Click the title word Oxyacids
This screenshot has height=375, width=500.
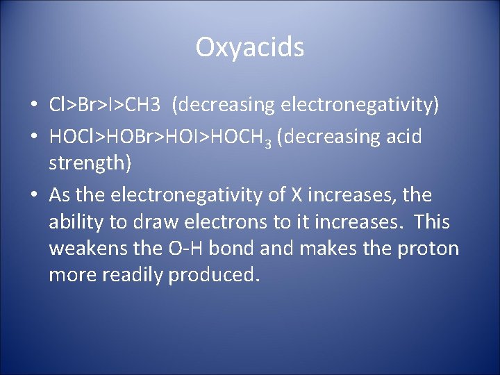pyautogui.click(x=249, y=47)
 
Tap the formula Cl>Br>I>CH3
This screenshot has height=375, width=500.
pyautogui.click(x=106, y=105)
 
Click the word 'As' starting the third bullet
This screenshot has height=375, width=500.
pyautogui.click(x=59, y=195)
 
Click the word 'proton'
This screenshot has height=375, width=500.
pyautogui.click(x=428, y=249)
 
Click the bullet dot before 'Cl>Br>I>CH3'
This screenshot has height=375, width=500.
pyautogui.click(x=33, y=106)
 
